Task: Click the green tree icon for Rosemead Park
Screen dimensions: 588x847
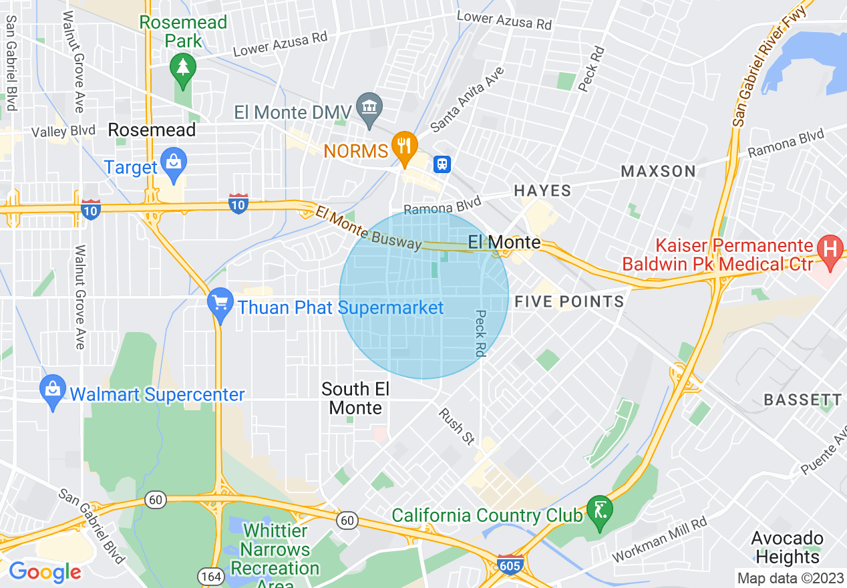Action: point(182,67)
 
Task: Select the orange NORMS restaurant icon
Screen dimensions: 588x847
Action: point(404,144)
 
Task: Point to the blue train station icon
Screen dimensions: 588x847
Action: point(442,164)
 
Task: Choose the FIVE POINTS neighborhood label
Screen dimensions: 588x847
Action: point(569,302)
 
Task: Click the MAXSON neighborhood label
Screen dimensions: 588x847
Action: point(659,172)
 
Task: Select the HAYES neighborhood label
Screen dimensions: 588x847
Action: point(542,191)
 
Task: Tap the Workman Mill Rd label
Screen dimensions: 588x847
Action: point(660,540)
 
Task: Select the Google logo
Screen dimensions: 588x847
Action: point(45,572)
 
